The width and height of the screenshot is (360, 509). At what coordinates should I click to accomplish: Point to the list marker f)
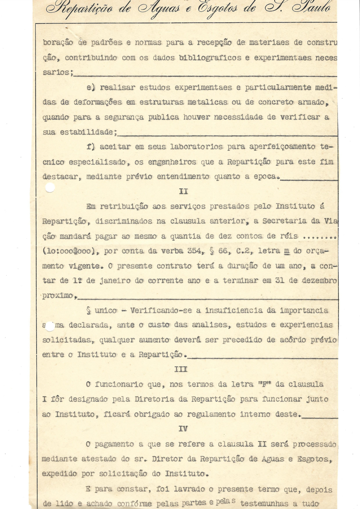pyautogui.click(x=90, y=147)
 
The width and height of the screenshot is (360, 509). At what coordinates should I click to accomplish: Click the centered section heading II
pyautogui.click(x=183, y=191)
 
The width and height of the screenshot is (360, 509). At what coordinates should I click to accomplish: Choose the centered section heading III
pyautogui.click(x=181, y=369)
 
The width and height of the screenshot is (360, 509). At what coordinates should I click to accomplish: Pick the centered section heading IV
pyautogui.click(x=183, y=429)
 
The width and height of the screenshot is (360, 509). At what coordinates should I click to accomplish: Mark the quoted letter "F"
pyautogui.click(x=265, y=384)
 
